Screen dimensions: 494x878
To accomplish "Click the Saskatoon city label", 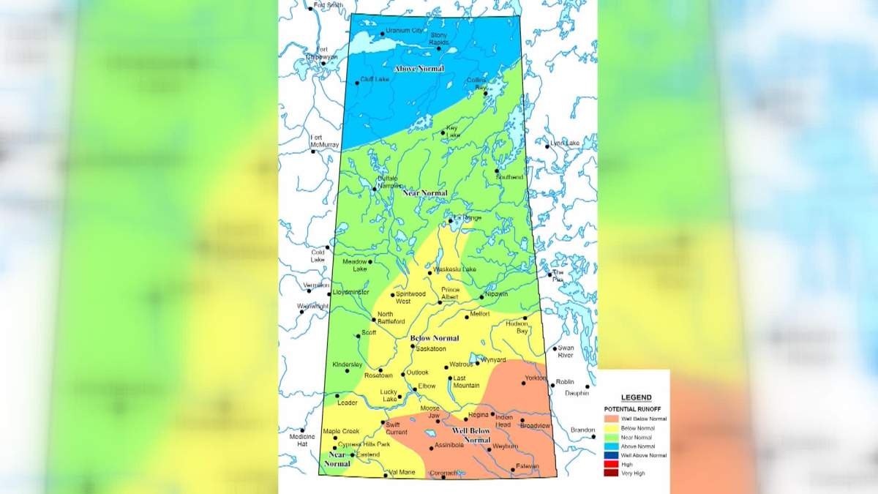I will pyautogui.click(x=431, y=349).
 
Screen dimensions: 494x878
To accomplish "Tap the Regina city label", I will pyautogui.click(x=478, y=414).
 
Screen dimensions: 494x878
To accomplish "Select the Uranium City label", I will pyautogui.click(x=405, y=31).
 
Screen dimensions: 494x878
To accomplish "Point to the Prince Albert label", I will pyautogui.click(x=450, y=293).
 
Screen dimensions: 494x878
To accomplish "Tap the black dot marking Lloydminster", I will pyautogui.click(x=329, y=293).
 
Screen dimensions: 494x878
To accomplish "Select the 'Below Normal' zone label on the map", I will pyautogui.click(x=435, y=338).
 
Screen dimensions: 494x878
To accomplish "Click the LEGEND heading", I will pyautogui.click(x=636, y=397).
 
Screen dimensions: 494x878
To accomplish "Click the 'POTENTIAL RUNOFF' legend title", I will pyautogui.click(x=634, y=408).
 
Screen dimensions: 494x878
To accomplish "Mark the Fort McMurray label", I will pyautogui.click(x=324, y=141).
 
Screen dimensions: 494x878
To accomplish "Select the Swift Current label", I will pyautogui.click(x=394, y=427).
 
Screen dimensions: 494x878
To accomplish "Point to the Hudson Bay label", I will pyautogui.click(x=517, y=327).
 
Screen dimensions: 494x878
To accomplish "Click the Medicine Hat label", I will pyautogui.click(x=301, y=440).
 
